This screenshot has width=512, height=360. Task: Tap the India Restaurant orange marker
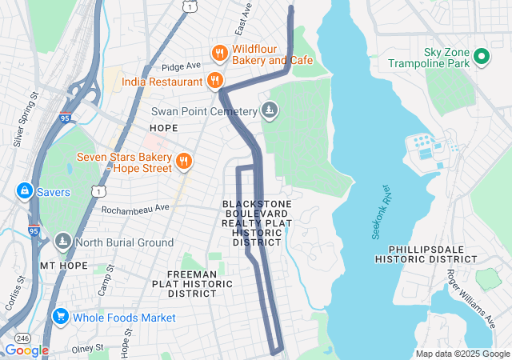click(214, 81)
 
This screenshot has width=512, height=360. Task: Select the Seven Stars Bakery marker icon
click(184, 162)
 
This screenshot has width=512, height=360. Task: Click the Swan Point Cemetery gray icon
click(270, 111)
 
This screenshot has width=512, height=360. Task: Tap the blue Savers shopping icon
click(24, 192)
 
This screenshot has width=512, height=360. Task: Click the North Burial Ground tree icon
click(62, 242)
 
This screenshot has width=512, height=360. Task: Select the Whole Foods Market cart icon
click(59, 318)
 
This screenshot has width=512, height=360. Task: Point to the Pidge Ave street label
click(180, 66)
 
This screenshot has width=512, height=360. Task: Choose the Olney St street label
click(89, 349)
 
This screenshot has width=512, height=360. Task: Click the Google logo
click(26, 350)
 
